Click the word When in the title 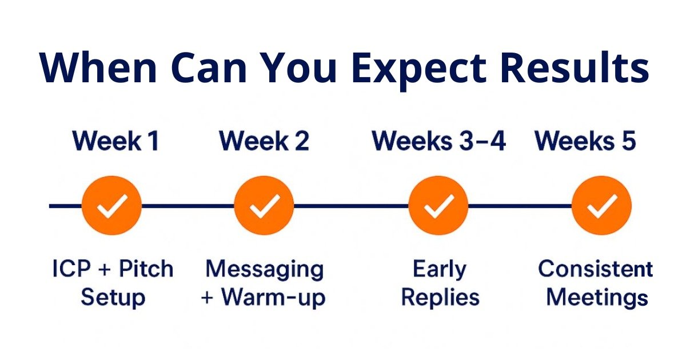[98, 67]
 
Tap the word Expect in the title [420, 71]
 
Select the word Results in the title [575, 67]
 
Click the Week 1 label [115, 141]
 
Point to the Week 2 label [264, 141]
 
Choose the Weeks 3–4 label [438, 141]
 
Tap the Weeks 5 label [585, 141]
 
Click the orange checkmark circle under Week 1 [112, 205]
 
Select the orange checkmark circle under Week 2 [264, 205]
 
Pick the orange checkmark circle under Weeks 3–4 [438, 205]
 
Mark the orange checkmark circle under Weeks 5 [602, 205]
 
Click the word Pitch [146, 269]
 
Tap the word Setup [113, 298]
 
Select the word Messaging [265, 270]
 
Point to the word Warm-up [273, 298]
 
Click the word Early [440, 270]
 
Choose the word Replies [440, 297]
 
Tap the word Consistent [595, 269]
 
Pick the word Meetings [597, 298]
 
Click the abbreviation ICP [71, 269]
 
